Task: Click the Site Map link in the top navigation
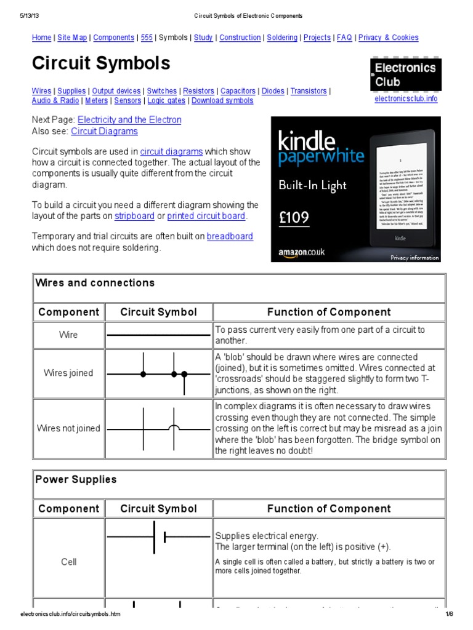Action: tap(72, 38)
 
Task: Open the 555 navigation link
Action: tap(147, 38)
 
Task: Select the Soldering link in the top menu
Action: tap(282, 38)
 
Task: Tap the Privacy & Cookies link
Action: tap(388, 38)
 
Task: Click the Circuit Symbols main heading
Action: tap(101, 63)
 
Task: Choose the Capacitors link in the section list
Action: tap(238, 91)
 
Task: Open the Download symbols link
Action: tap(222, 101)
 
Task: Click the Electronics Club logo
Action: tap(405, 74)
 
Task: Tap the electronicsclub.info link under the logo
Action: tap(406, 99)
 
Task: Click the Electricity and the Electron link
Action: tap(129, 120)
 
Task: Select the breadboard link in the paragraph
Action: tap(230, 236)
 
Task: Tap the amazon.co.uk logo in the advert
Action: tap(301, 252)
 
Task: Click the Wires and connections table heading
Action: tap(95, 283)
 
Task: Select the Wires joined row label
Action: tap(68, 373)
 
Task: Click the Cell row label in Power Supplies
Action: tap(68, 562)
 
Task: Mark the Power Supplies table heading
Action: tap(76, 479)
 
